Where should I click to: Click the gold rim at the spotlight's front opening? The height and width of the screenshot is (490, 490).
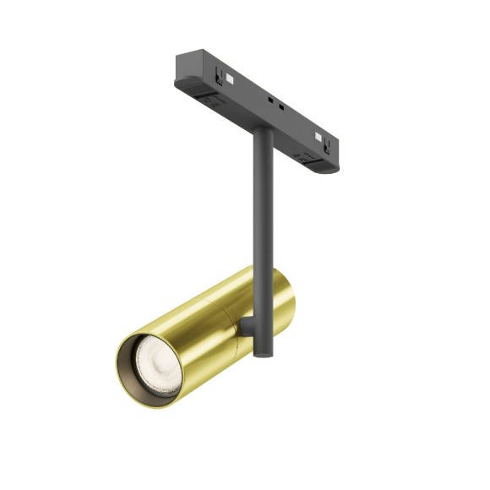[x=119, y=364]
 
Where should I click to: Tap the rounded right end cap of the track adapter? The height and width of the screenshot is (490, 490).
[x=329, y=163]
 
